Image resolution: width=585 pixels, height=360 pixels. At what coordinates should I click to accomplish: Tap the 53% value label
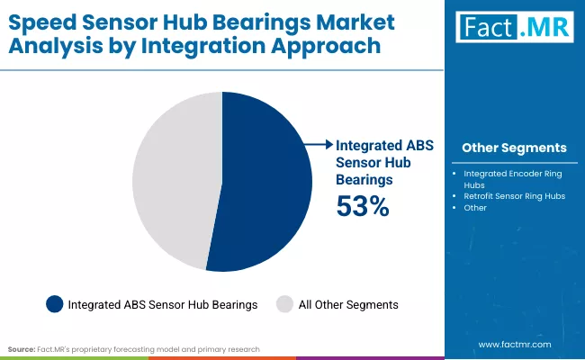362,206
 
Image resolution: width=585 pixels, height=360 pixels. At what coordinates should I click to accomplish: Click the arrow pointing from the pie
317,143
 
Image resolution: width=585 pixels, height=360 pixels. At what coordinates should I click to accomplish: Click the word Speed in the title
47,20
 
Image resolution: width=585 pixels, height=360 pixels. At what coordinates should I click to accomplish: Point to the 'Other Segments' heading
513,148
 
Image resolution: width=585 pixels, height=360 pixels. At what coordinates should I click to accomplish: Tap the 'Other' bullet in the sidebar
475,208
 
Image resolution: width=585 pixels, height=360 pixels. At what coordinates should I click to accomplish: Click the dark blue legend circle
54,304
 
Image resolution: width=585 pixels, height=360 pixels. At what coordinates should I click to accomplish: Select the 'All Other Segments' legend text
349,305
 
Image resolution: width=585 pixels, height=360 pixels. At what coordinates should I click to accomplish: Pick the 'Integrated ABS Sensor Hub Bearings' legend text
163,305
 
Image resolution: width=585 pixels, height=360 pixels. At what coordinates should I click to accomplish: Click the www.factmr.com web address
514,344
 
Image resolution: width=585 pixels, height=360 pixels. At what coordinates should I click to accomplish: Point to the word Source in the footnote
21,347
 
